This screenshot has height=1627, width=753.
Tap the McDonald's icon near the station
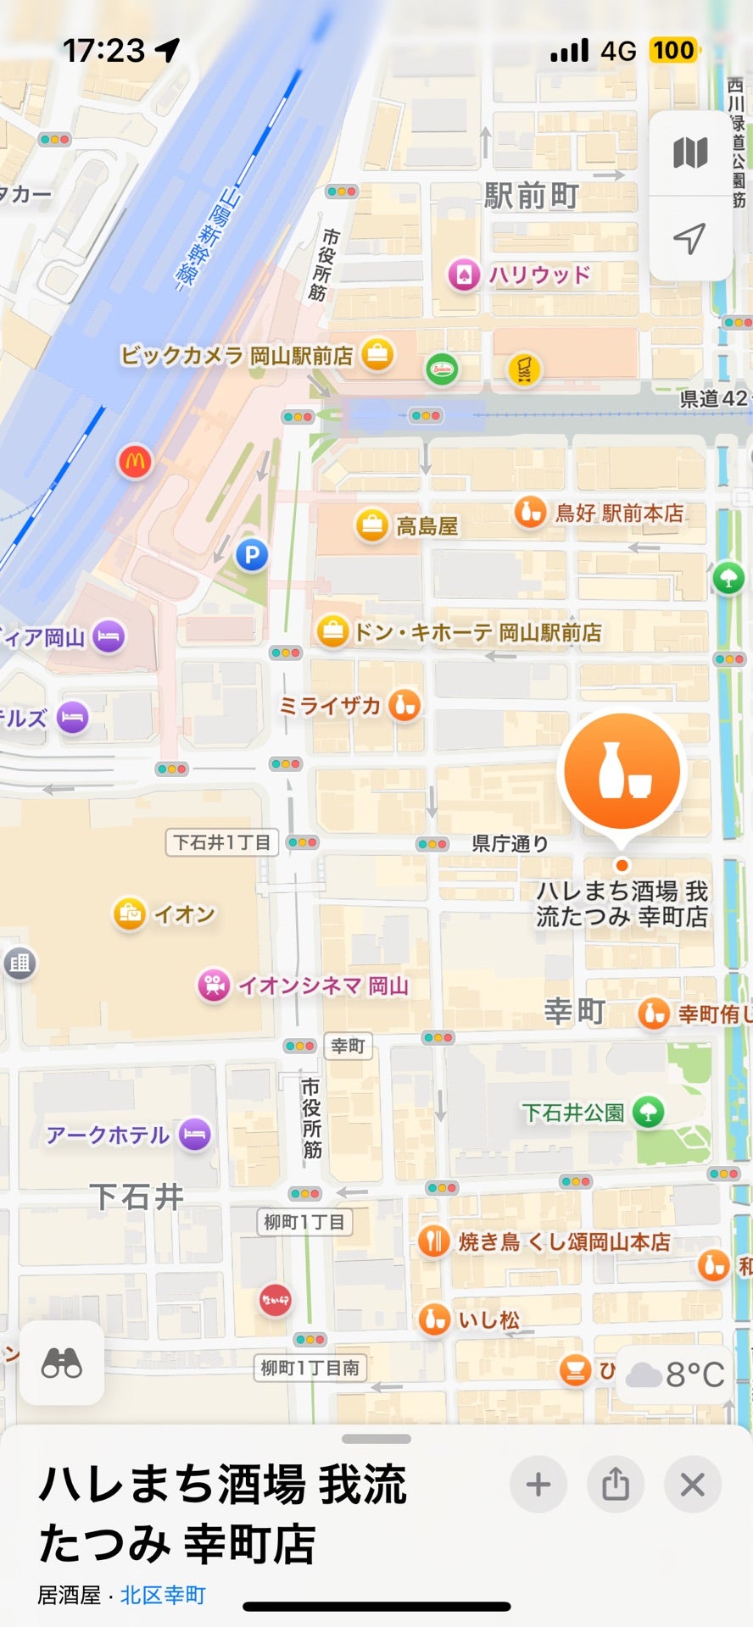(x=135, y=462)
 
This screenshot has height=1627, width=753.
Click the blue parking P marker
(x=251, y=556)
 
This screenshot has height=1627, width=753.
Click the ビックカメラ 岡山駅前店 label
(x=237, y=355)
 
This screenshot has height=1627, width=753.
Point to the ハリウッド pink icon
(x=464, y=275)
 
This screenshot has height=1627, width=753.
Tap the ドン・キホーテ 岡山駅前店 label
(x=477, y=632)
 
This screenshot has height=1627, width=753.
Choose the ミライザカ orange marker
(x=404, y=705)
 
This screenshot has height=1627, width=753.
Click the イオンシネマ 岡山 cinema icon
(x=215, y=985)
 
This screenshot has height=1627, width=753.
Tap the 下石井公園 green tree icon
(x=649, y=1112)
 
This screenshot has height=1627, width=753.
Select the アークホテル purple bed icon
(x=195, y=1134)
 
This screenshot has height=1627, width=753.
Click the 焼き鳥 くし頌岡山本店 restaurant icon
(x=434, y=1241)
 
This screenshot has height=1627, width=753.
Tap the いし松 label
(x=489, y=1319)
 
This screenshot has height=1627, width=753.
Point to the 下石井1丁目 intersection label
(x=221, y=842)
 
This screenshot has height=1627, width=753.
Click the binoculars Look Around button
(x=62, y=1363)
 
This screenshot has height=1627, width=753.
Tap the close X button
(x=693, y=1485)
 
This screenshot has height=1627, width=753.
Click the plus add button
(x=538, y=1485)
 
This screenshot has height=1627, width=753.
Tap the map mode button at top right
(x=690, y=153)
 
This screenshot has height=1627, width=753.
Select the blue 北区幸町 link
(x=163, y=1595)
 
